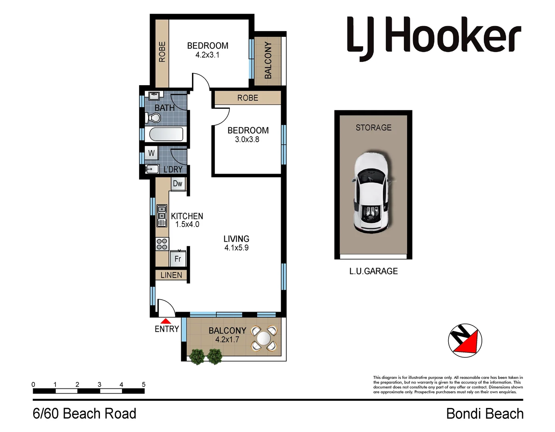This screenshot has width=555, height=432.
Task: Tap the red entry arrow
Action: (166, 321)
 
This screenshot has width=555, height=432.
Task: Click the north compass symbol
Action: (465, 340)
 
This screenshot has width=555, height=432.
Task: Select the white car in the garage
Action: (371, 192)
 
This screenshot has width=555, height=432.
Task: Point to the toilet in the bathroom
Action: (154, 118)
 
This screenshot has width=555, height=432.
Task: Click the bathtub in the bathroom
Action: (166, 134)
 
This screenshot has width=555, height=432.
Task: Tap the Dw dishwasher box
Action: (178, 184)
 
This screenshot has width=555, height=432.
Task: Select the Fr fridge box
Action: (178, 259)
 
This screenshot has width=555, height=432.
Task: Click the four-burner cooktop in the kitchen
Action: (162, 244)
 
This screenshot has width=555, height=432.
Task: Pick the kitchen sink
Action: (162, 216)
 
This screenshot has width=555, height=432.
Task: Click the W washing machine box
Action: (152, 153)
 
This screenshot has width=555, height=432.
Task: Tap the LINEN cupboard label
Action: (171, 275)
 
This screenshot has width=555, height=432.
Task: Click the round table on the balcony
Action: (264, 338)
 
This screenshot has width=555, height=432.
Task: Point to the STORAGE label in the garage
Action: (373, 128)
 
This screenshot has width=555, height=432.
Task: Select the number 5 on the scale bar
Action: (144, 384)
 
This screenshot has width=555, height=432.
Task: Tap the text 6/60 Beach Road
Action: (84, 414)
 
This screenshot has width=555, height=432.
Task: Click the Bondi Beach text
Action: (485, 414)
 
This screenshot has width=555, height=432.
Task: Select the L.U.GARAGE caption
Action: (373, 271)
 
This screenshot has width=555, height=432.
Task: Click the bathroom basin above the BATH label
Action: (154, 96)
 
